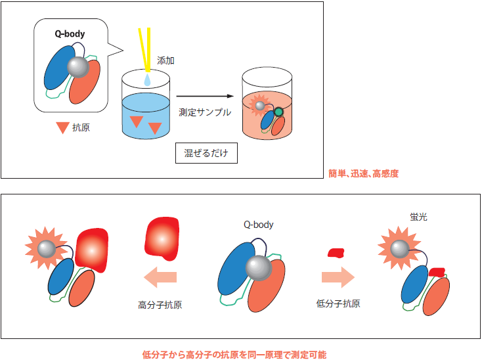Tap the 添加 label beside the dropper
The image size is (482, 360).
coord(166,61)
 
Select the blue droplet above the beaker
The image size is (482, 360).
coord(147,79)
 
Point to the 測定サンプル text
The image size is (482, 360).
coord(206,112)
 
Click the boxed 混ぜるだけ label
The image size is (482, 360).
coord(206,153)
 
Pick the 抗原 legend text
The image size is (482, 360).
coord(81,127)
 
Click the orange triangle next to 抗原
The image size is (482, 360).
coord(62,128)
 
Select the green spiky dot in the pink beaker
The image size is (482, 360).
coord(278,112)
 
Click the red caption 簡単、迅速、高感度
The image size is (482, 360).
coord(364,174)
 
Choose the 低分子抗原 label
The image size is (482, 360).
coord(338,304)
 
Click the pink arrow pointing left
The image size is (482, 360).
coord(161,277)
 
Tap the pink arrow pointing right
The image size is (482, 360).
coord(338,277)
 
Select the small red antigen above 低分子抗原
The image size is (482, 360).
coord(336,252)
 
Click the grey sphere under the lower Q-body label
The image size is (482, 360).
coord(257,268)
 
